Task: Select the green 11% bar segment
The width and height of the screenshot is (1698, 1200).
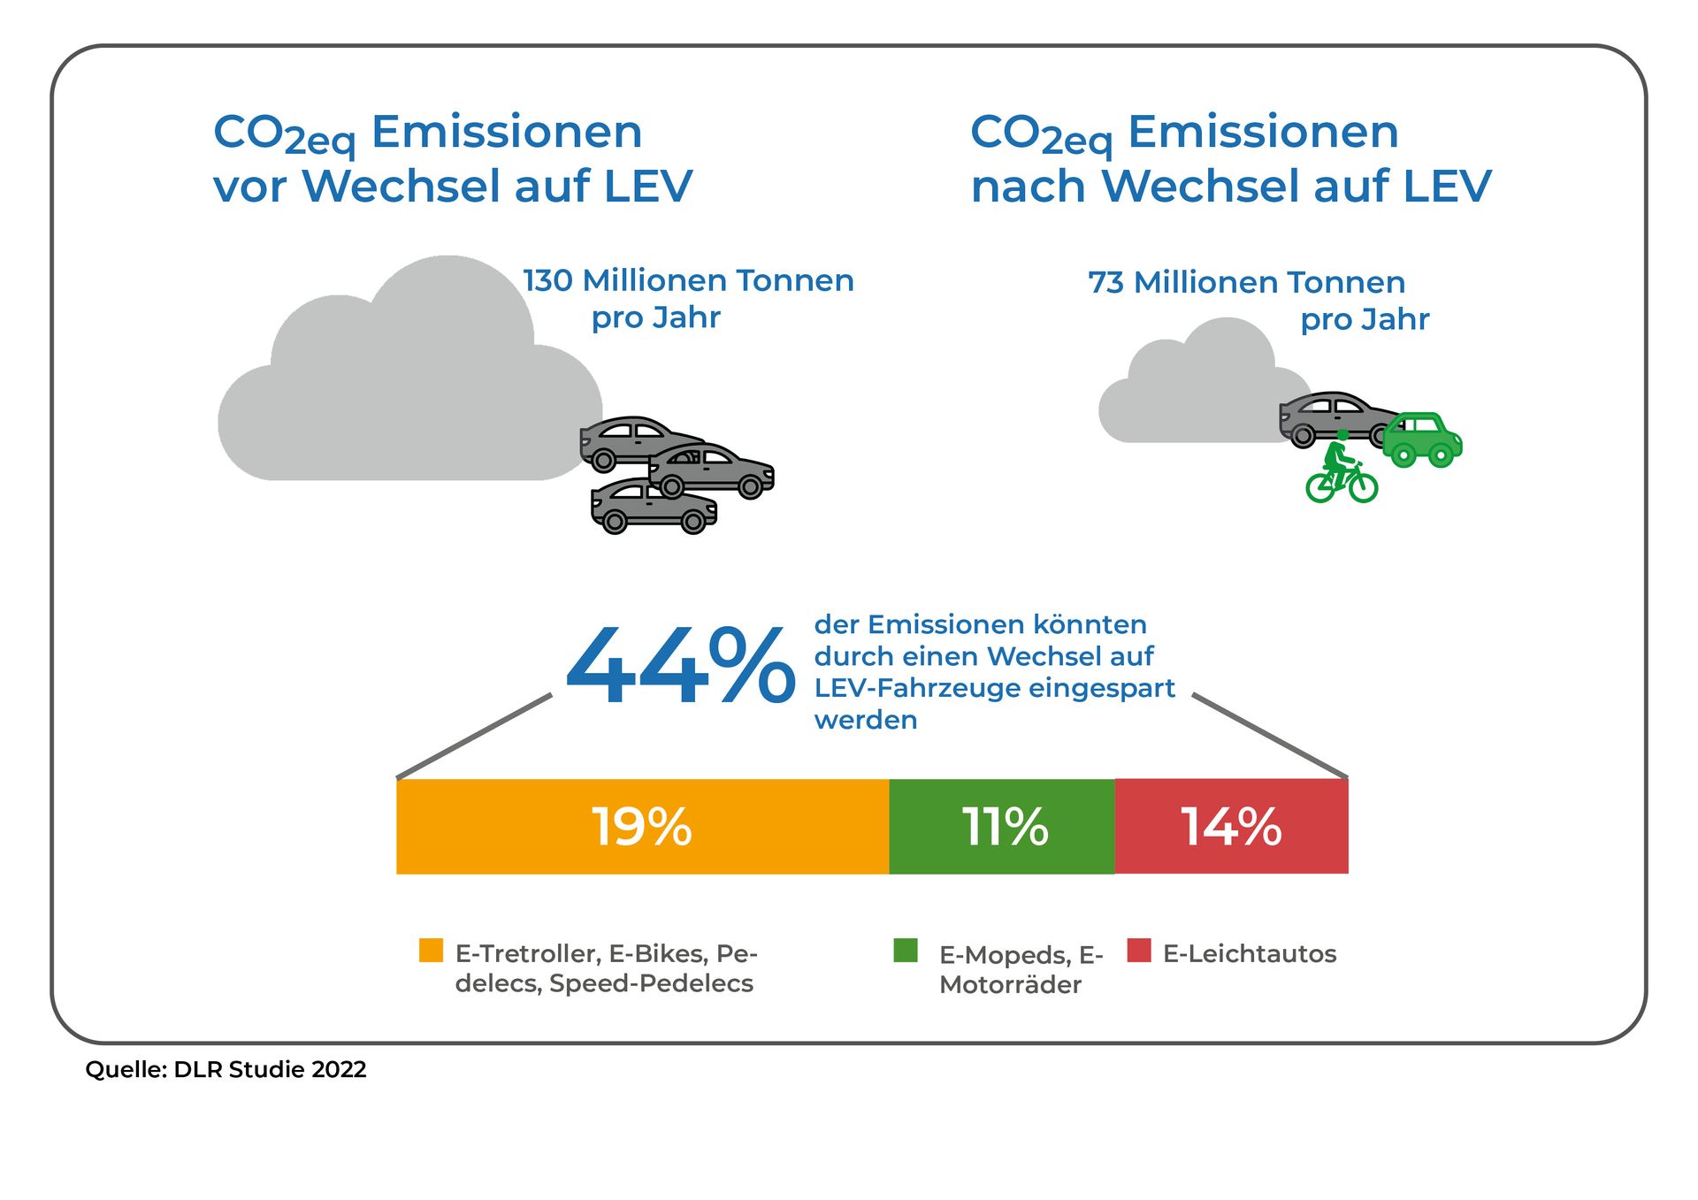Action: pos(1002,827)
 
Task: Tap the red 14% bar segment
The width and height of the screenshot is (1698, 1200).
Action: pos(1231,827)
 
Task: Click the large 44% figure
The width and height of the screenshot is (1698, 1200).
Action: pos(679,666)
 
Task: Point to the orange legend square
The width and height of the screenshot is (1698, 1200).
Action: pos(431,951)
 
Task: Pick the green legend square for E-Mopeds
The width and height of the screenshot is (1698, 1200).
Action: pos(906,951)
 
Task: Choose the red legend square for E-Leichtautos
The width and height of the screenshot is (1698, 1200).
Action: pos(1139,951)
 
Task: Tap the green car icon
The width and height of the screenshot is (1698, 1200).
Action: pos(1422,439)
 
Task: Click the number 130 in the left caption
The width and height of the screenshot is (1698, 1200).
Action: pos(548,281)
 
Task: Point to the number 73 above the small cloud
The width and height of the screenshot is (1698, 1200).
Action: pos(1105,283)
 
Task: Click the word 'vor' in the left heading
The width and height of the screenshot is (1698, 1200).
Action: pos(249,187)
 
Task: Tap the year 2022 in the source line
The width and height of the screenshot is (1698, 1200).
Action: pos(339,1070)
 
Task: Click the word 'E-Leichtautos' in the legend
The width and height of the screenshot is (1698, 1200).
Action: pos(1250,954)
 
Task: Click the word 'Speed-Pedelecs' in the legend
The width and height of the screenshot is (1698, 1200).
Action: pos(652,983)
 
